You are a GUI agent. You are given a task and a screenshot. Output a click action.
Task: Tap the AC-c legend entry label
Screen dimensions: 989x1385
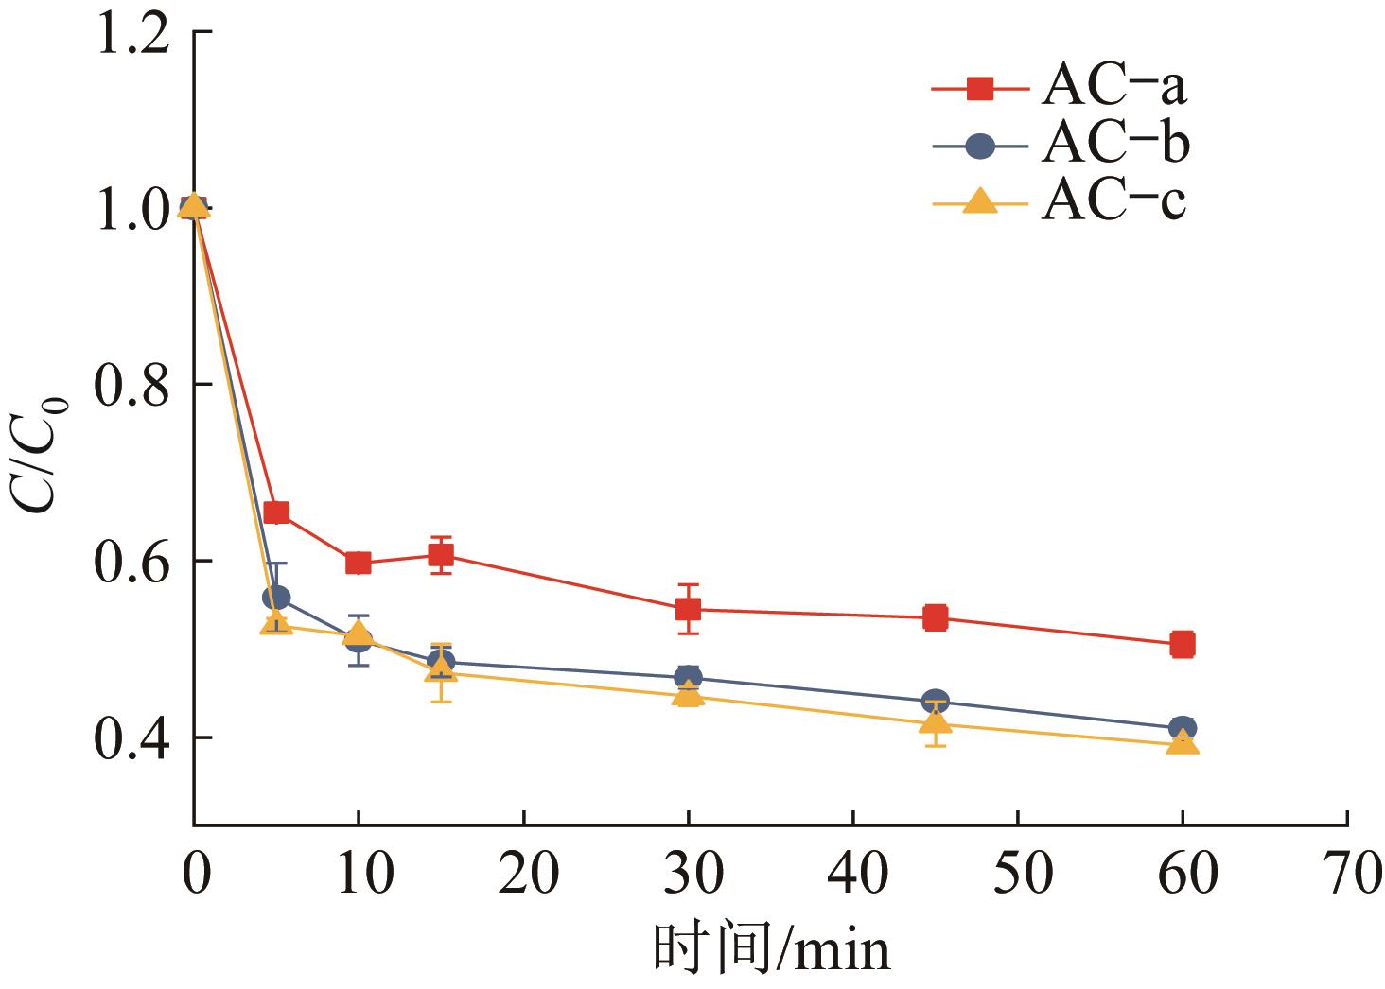point(1113,202)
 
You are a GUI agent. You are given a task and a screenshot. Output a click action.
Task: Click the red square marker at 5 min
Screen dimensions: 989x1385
point(276,512)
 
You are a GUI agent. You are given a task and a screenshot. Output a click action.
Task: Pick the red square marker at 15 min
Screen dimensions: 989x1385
point(441,555)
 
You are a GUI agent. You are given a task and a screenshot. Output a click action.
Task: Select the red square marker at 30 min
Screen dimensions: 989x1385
point(688,609)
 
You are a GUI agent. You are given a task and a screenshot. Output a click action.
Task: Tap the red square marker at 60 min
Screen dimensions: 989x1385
point(1182,645)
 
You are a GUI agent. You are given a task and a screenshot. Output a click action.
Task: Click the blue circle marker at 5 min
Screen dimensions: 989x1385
point(276,598)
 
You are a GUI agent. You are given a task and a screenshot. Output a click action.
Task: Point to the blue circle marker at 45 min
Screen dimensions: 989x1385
point(935,701)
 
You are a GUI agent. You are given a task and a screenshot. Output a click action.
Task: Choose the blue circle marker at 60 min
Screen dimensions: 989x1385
point(1182,728)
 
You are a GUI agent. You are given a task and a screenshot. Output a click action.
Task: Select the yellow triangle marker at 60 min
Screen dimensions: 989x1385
point(1182,742)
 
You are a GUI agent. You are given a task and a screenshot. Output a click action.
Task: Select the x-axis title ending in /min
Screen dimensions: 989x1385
point(771,950)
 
